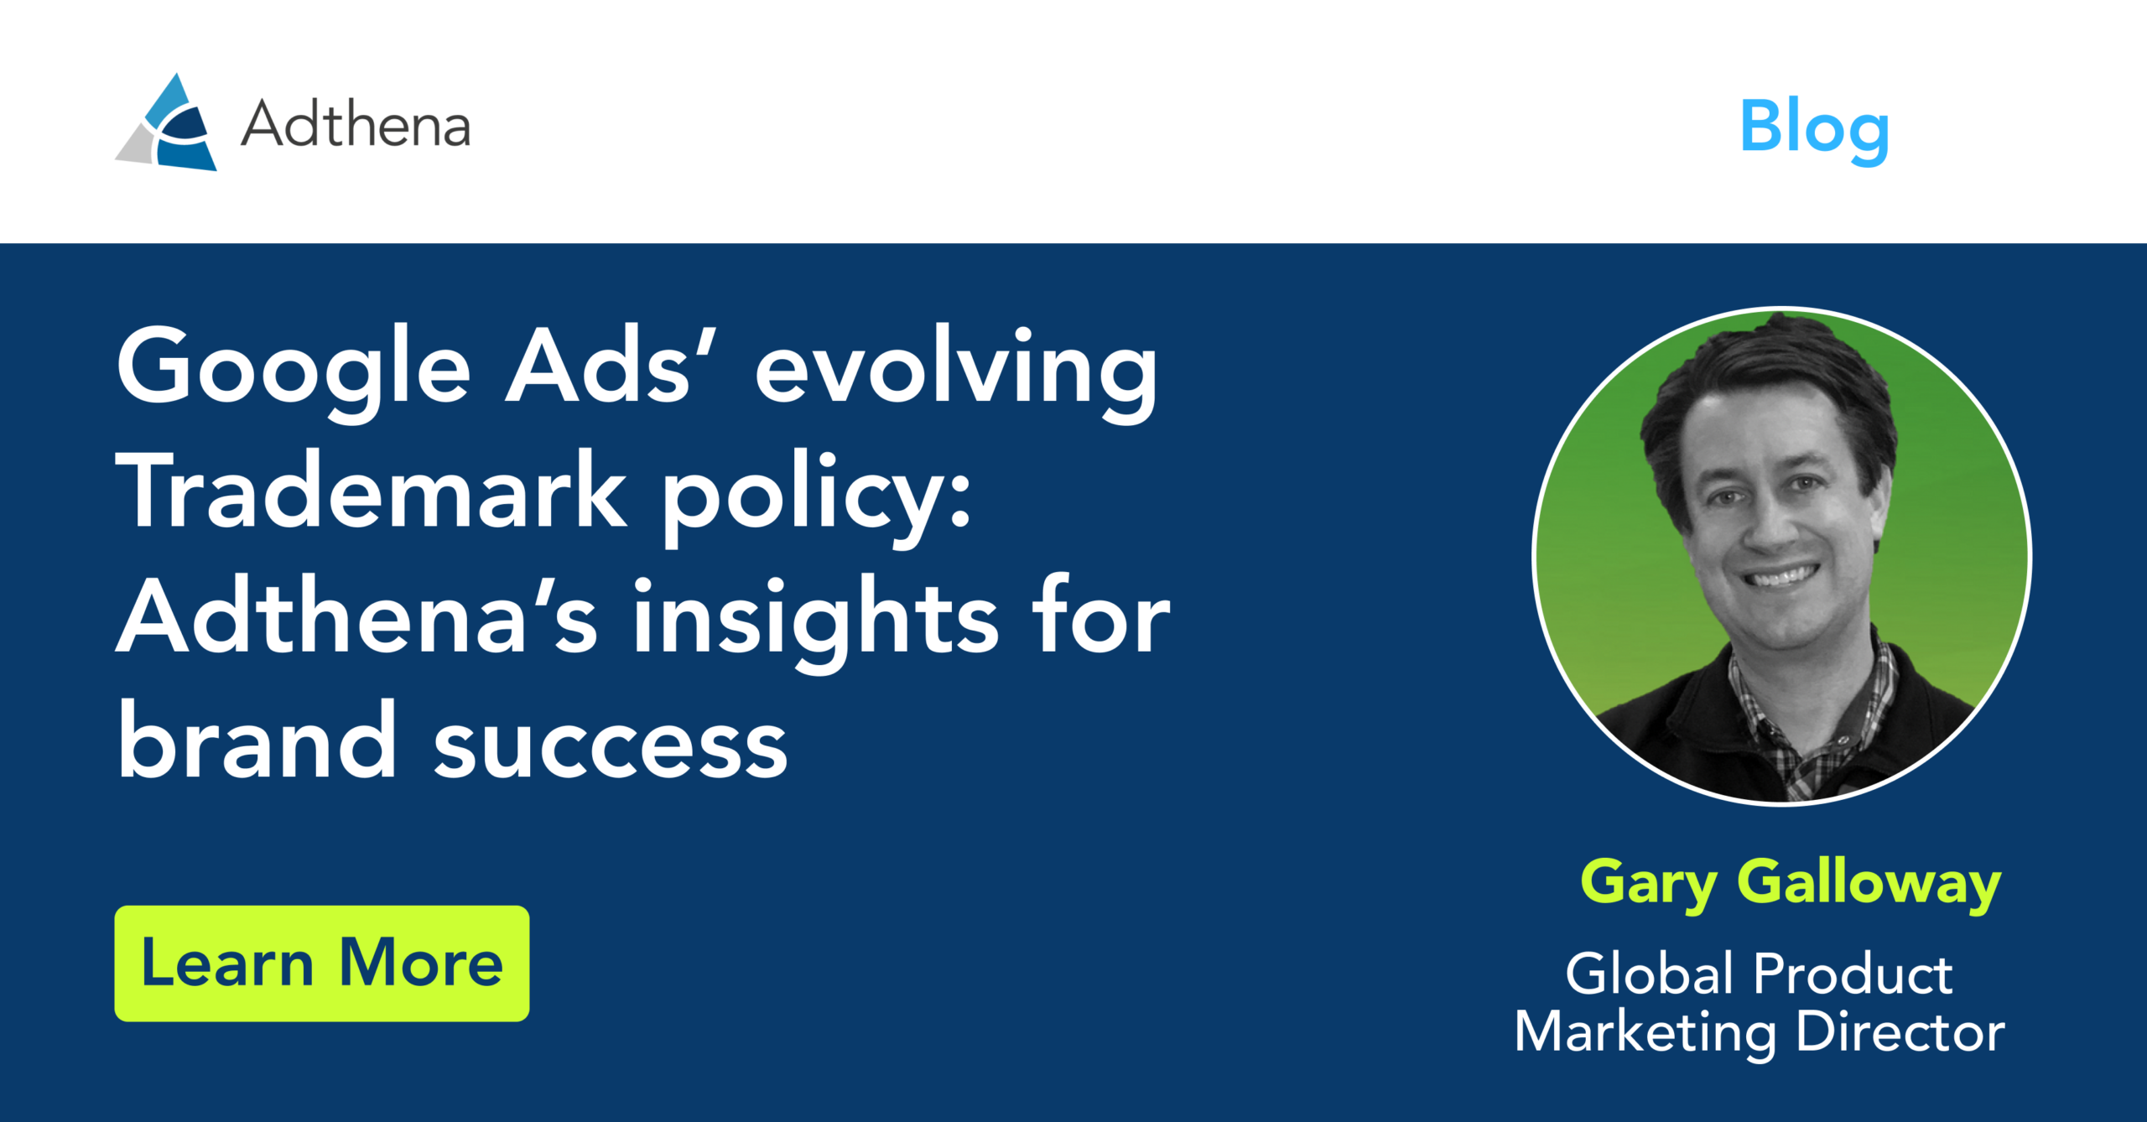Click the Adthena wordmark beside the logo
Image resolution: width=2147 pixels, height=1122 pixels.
[x=356, y=125]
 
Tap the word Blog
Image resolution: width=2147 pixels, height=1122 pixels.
[x=1814, y=127]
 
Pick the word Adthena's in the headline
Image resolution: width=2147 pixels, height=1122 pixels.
[x=357, y=617]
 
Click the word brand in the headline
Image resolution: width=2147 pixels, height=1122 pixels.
[x=257, y=741]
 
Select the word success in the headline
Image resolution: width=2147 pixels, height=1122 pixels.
[x=611, y=745]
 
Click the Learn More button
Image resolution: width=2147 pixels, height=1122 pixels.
[x=322, y=963]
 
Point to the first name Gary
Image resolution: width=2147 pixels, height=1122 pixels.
[x=1649, y=884]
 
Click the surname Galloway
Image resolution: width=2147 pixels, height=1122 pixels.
[x=1869, y=882]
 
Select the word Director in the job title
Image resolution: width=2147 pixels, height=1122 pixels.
[x=1900, y=1031]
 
